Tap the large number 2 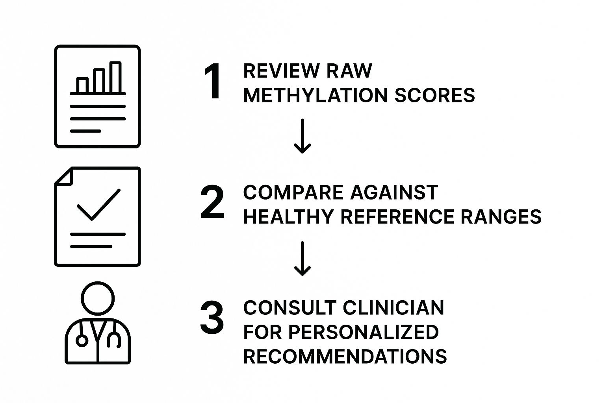tap(212, 203)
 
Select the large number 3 tap(212, 318)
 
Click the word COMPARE tap(293, 193)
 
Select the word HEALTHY tap(288, 217)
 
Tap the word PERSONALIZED tap(364, 332)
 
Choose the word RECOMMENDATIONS tap(345, 357)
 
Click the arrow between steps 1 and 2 tap(302, 136)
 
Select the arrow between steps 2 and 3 tap(302, 258)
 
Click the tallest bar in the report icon tap(115, 77)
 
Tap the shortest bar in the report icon tap(82, 85)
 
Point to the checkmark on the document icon tap(98, 205)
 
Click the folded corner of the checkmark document tap(63, 176)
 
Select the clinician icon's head tap(98, 298)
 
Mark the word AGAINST tap(394, 193)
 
